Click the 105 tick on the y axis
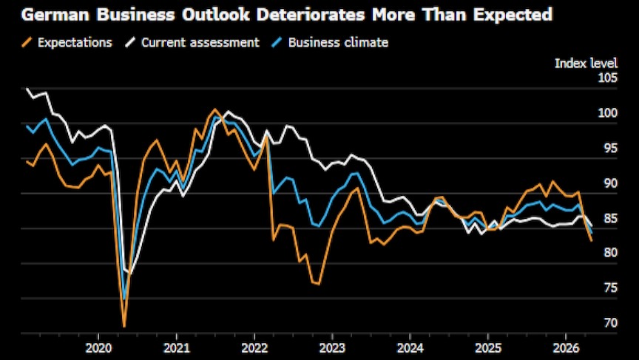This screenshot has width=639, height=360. (606, 78)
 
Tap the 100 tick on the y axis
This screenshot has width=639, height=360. (606, 113)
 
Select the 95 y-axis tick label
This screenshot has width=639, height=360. (609, 148)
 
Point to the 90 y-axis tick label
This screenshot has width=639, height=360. (609, 183)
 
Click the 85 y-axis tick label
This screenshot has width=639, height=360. (609, 218)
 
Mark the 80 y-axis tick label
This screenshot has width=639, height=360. (609, 253)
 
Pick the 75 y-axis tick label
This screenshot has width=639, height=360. (609, 288)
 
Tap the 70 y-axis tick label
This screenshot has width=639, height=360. (609, 323)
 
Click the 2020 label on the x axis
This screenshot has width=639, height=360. (98, 347)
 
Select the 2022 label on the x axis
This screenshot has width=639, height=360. (254, 347)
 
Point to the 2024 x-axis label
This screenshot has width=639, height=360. (410, 347)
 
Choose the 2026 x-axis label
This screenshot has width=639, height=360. (566, 347)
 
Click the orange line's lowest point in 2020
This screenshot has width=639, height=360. (124, 326)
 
